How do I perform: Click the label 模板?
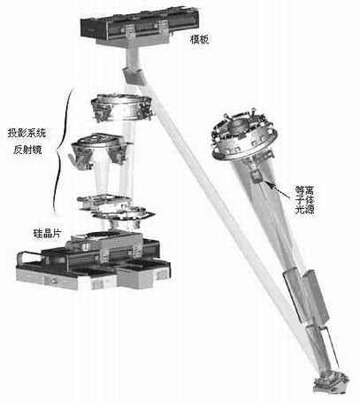[200, 40]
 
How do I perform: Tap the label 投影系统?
[27, 133]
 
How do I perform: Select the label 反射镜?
[27, 150]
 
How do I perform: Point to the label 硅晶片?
[48, 234]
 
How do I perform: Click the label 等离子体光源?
[304, 199]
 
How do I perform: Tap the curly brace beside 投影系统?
[62, 150]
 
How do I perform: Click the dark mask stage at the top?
[140, 28]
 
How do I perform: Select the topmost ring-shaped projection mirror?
[122, 108]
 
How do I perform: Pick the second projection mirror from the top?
[99, 151]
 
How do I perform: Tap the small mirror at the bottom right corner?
[331, 383]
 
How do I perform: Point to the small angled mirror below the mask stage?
[134, 76]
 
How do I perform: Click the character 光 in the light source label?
[300, 209]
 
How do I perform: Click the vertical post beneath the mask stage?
[132, 58]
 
